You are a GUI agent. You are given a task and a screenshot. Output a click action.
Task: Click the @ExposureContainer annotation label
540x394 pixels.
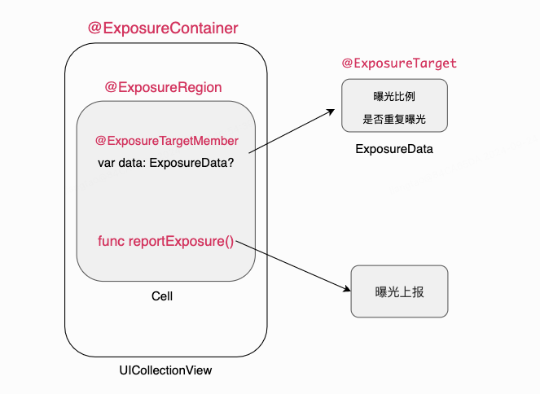point(163,28)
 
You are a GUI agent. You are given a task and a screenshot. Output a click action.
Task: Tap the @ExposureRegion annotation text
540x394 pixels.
point(163,87)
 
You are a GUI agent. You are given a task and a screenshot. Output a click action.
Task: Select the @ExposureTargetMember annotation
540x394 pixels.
point(167,141)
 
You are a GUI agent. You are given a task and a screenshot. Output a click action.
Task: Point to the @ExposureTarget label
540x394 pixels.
point(399,63)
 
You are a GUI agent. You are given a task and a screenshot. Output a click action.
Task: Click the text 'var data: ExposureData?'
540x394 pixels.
point(166,163)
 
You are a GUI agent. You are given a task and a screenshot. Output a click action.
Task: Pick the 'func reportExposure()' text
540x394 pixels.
point(165,241)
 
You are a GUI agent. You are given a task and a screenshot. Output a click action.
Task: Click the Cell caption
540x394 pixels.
point(162,296)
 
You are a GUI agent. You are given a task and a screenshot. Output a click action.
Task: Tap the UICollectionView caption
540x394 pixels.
point(165,370)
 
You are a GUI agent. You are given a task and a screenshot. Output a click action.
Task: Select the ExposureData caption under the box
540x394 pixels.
point(394,149)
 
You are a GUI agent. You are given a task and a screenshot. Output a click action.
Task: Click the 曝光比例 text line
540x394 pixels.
point(394,96)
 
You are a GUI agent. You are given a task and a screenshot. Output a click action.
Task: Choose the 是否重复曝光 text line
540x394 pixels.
point(394,120)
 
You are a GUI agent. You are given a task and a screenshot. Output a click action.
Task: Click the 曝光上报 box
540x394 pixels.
point(399,291)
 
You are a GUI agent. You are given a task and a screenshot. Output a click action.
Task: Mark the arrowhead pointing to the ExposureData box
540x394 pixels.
point(331,112)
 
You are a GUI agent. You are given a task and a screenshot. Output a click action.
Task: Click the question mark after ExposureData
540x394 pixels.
point(230,163)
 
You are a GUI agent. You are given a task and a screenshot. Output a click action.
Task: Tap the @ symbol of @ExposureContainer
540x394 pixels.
point(94,28)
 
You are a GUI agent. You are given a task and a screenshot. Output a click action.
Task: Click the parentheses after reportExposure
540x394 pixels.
point(229,242)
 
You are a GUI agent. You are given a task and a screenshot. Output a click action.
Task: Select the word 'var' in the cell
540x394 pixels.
point(106,163)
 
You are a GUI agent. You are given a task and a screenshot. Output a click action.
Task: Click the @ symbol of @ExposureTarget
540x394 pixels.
point(347,63)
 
